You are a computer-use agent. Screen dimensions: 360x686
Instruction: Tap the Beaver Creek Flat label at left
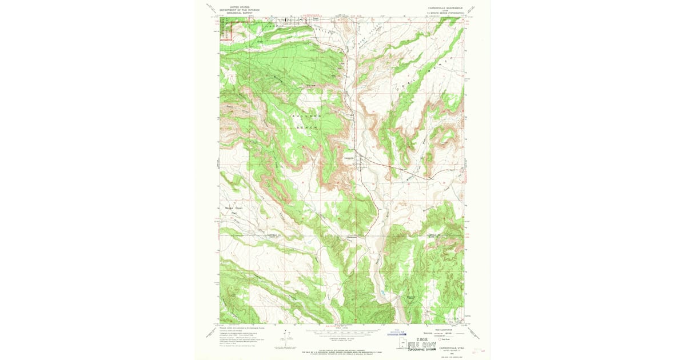pyautogui.click(x=234, y=211)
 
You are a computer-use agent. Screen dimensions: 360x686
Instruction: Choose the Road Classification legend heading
pyautogui.click(x=440, y=328)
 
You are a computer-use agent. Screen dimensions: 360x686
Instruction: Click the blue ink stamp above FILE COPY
pyautogui.click(x=398, y=331)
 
